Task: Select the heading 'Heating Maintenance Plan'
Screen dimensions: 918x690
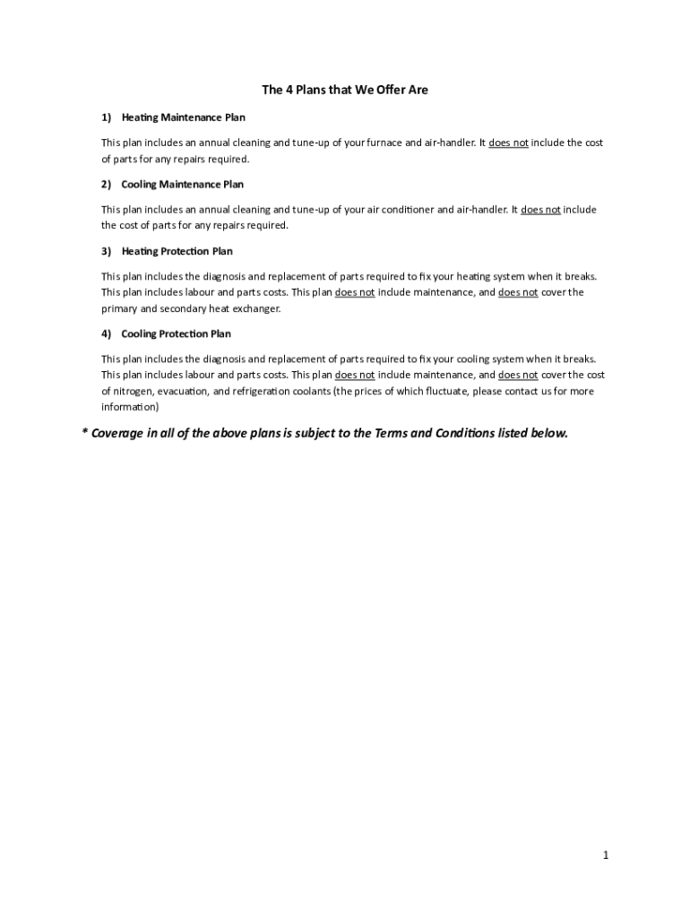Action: coord(183,117)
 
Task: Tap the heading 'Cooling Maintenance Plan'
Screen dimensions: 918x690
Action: coord(182,184)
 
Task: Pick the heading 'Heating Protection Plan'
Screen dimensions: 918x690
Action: coord(177,251)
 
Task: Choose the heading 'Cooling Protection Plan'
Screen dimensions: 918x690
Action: coord(176,333)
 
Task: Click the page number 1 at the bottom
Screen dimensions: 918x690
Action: coord(606,855)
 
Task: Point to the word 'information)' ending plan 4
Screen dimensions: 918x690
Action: coord(130,407)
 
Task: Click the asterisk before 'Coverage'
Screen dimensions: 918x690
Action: coord(84,433)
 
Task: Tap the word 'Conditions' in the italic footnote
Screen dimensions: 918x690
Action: coord(469,433)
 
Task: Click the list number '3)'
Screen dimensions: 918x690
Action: coord(106,251)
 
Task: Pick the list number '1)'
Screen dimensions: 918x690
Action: coord(106,117)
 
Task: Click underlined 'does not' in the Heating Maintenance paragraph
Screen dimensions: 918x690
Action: coord(508,143)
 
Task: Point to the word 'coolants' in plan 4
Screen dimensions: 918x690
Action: coord(309,391)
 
